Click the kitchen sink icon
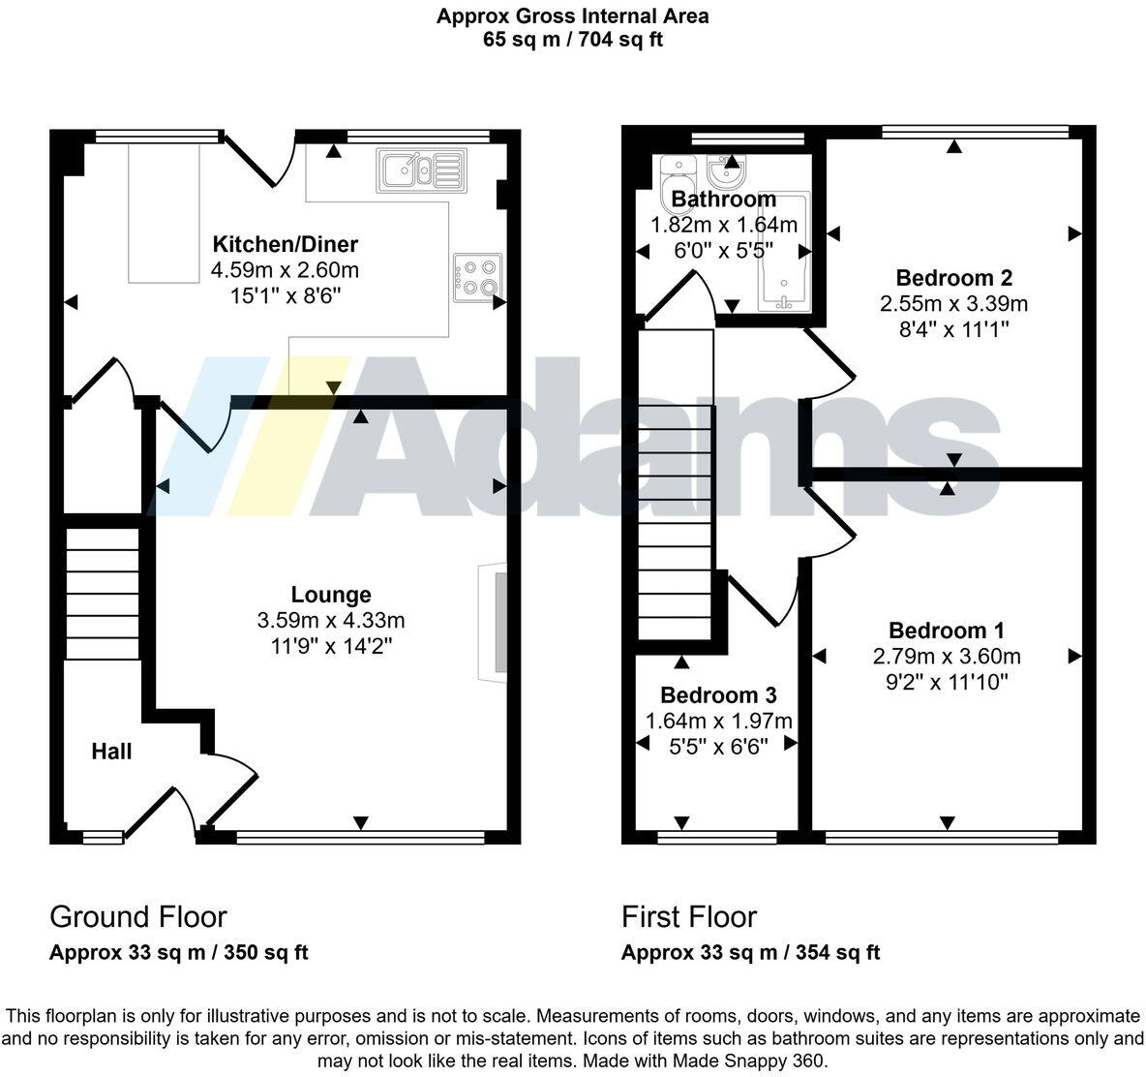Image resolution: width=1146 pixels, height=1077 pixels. [x=423, y=169]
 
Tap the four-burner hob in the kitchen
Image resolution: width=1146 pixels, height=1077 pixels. [x=477, y=274]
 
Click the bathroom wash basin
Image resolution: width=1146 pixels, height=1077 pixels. [x=724, y=172]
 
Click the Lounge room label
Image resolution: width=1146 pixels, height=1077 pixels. [x=331, y=595]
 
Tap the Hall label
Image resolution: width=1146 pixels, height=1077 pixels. [x=111, y=752]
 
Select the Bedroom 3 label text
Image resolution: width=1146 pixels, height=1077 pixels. [x=718, y=695]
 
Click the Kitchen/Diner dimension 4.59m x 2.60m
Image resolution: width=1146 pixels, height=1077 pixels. [x=285, y=270]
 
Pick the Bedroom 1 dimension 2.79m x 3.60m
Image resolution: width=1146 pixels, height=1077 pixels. [x=947, y=657]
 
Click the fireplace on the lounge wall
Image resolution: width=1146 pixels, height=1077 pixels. [x=495, y=621]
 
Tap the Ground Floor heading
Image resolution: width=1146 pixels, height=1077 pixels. [x=137, y=916]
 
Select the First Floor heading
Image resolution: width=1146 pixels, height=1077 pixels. [x=689, y=916]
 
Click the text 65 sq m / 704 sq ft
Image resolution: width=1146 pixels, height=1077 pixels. [x=572, y=40]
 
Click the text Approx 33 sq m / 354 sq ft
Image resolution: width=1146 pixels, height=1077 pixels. [x=750, y=952]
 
